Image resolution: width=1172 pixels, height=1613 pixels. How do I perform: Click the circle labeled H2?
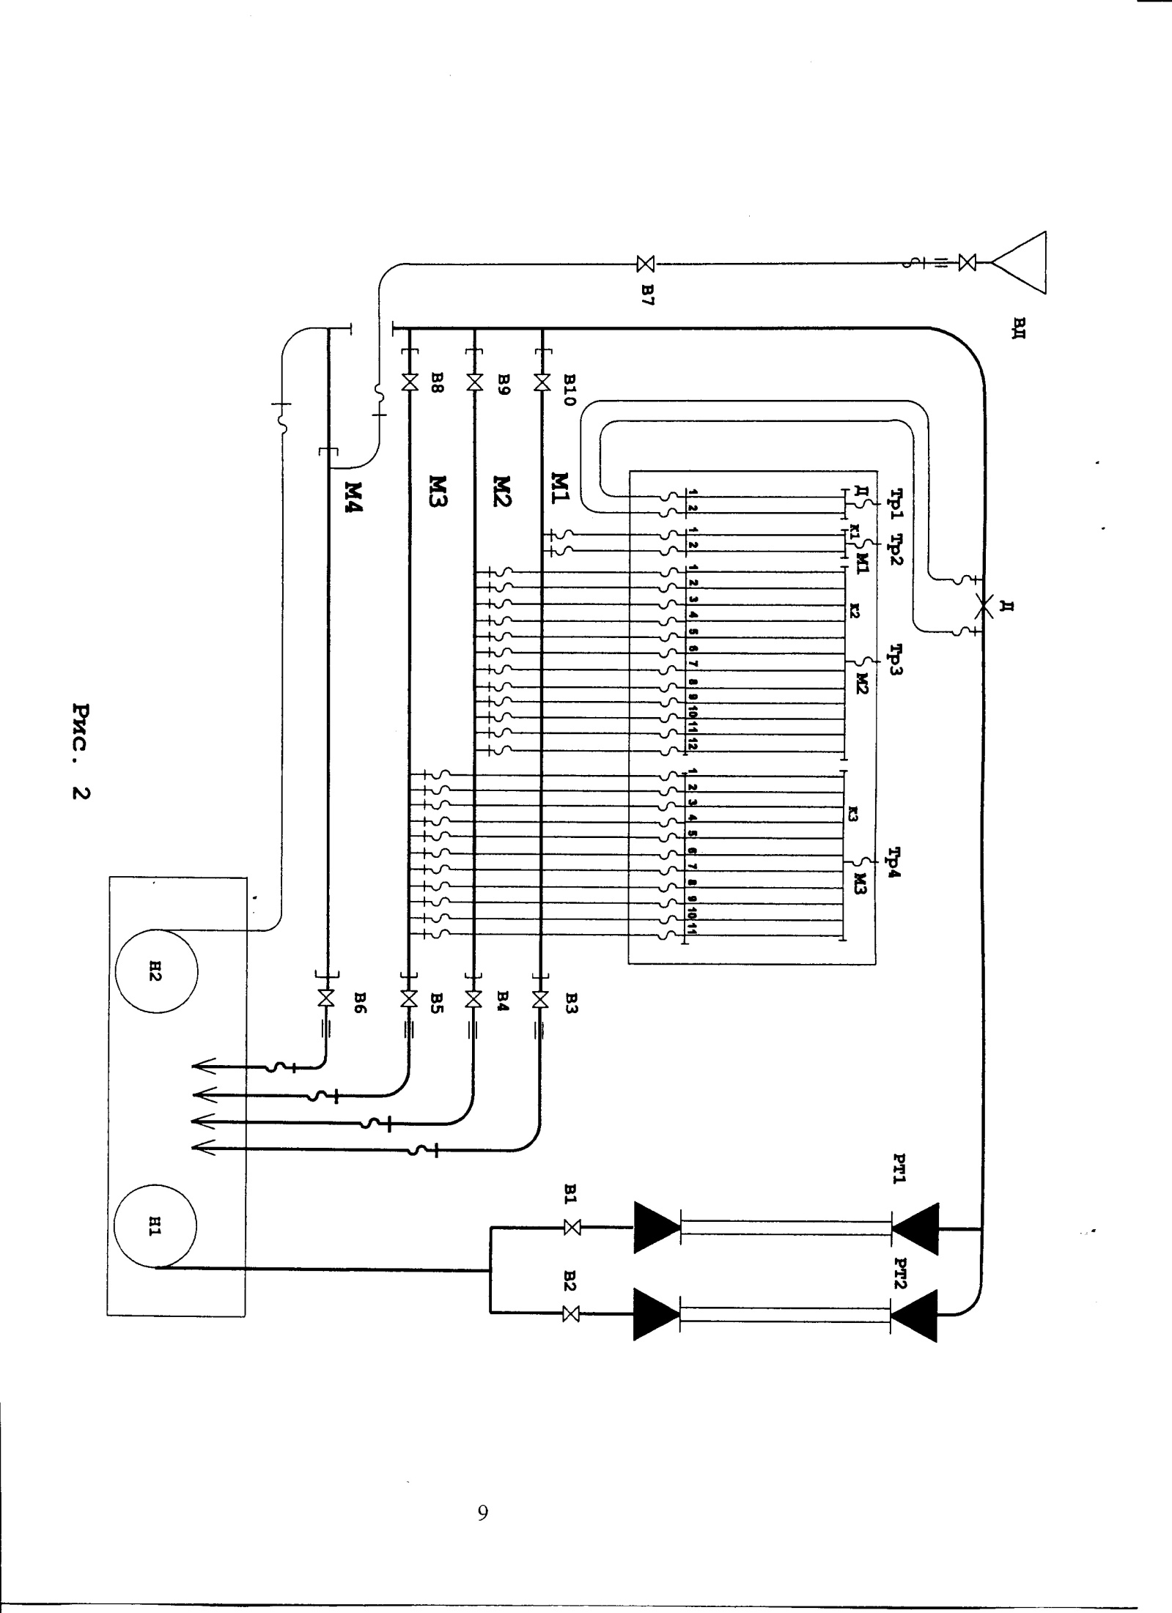[x=156, y=972]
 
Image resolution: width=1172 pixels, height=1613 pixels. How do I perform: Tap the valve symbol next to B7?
[x=646, y=263]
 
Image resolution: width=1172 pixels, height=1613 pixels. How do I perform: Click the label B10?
[x=571, y=390]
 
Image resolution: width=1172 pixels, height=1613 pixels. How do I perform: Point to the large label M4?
[x=354, y=496]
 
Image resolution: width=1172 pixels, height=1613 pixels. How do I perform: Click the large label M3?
[x=438, y=491]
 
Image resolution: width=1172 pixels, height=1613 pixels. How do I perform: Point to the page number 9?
[x=482, y=1512]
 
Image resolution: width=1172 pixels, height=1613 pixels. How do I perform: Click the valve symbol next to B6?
[x=327, y=998]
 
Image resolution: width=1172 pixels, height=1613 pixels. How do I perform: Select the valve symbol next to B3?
[x=542, y=998]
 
